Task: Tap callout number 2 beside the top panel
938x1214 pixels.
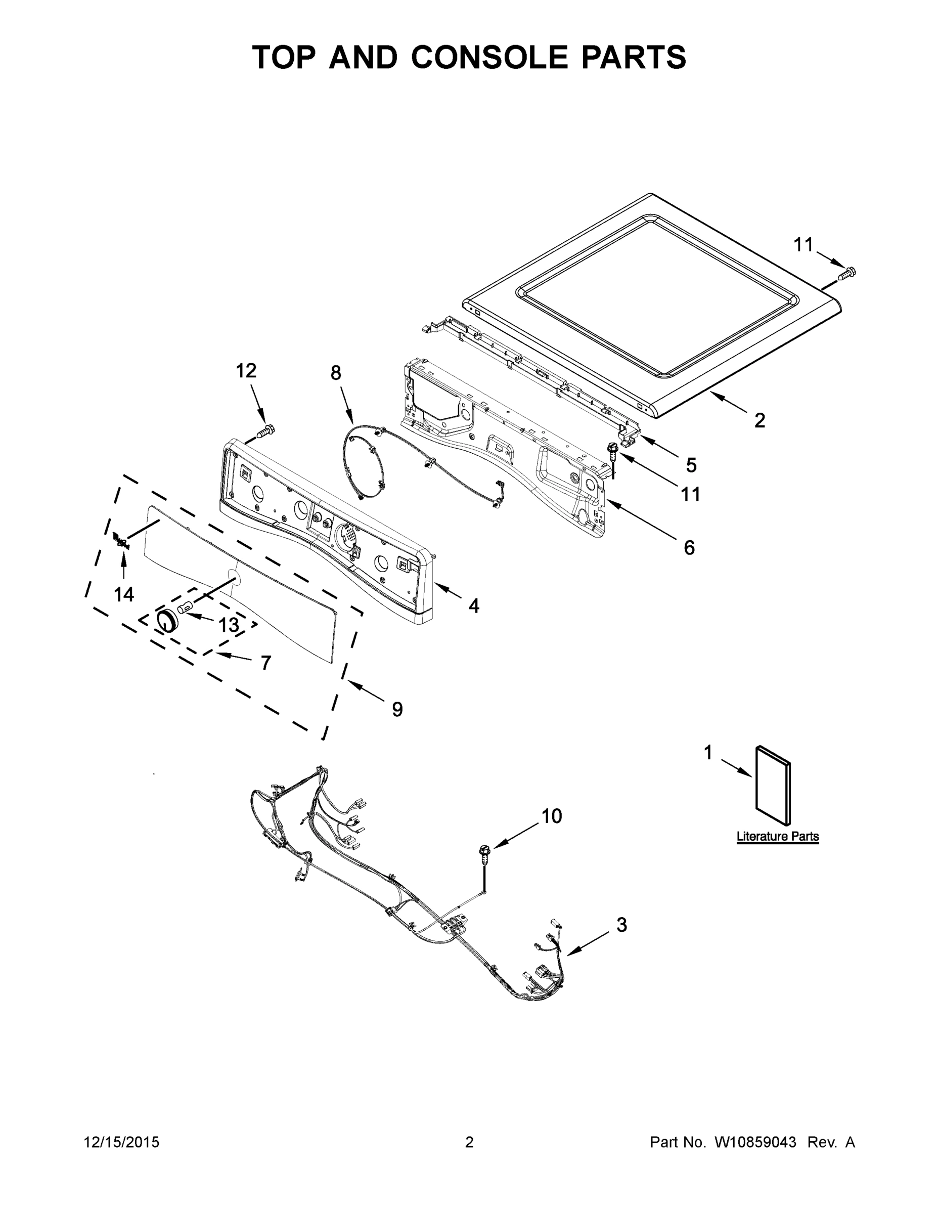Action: point(759,420)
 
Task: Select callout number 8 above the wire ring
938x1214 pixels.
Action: point(336,373)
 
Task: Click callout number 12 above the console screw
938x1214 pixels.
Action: point(246,371)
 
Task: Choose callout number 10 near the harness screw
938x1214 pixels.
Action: point(551,816)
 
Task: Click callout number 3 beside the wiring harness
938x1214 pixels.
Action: point(621,925)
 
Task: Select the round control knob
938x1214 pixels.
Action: point(165,620)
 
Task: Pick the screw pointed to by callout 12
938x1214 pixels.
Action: point(266,430)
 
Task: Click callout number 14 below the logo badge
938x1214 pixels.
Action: point(123,595)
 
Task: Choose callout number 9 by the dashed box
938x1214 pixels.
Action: point(397,709)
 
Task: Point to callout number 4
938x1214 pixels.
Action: point(473,605)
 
